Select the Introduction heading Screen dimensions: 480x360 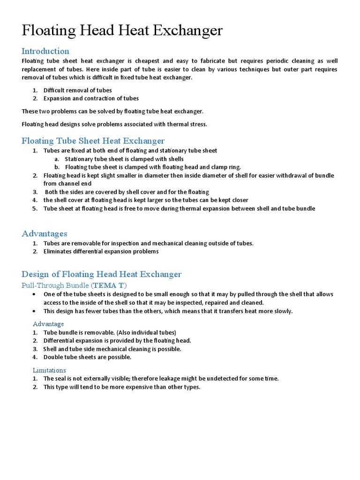(45, 51)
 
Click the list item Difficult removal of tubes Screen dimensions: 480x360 (77, 90)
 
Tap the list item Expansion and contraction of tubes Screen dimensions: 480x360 (91, 98)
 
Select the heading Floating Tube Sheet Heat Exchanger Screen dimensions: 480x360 (93, 141)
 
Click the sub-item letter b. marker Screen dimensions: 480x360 (57, 167)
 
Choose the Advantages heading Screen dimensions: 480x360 (45, 233)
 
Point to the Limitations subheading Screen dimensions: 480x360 (49, 370)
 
